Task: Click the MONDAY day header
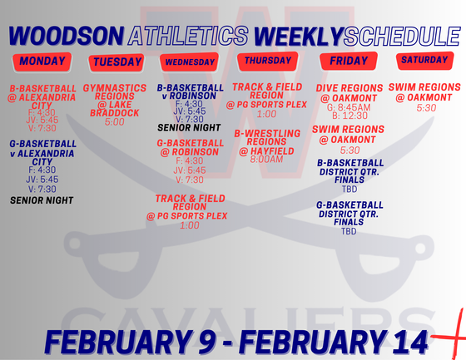click(x=42, y=62)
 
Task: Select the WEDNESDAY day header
click(x=192, y=62)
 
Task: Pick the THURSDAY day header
click(x=268, y=61)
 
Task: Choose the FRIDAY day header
click(x=349, y=62)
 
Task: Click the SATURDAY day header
click(x=424, y=61)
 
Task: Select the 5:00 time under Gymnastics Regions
click(x=115, y=121)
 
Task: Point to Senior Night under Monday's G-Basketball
click(x=42, y=200)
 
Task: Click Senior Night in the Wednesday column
click(x=191, y=128)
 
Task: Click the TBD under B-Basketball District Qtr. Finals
click(x=349, y=189)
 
